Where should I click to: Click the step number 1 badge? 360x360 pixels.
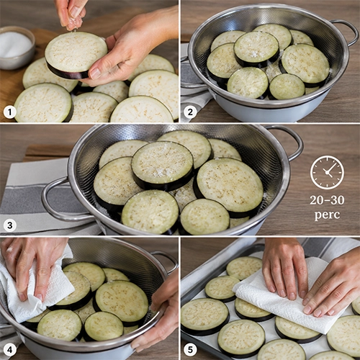(x=10, y=112)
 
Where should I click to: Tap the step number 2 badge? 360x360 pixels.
(x=190, y=112)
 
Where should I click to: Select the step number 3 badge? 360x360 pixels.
(x=10, y=225)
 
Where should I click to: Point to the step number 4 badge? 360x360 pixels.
(x=10, y=350)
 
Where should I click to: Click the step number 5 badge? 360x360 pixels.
(x=190, y=350)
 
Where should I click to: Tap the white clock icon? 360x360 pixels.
(x=327, y=172)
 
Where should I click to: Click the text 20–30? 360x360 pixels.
(x=327, y=200)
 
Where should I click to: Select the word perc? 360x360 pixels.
(x=327, y=215)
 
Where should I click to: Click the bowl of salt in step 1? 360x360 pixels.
(x=15, y=47)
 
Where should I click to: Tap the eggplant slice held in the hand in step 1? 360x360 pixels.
(x=76, y=55)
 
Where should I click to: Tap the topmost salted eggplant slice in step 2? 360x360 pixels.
(x=256, y=49)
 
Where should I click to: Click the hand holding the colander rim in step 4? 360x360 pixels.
(x=158, y=319)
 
